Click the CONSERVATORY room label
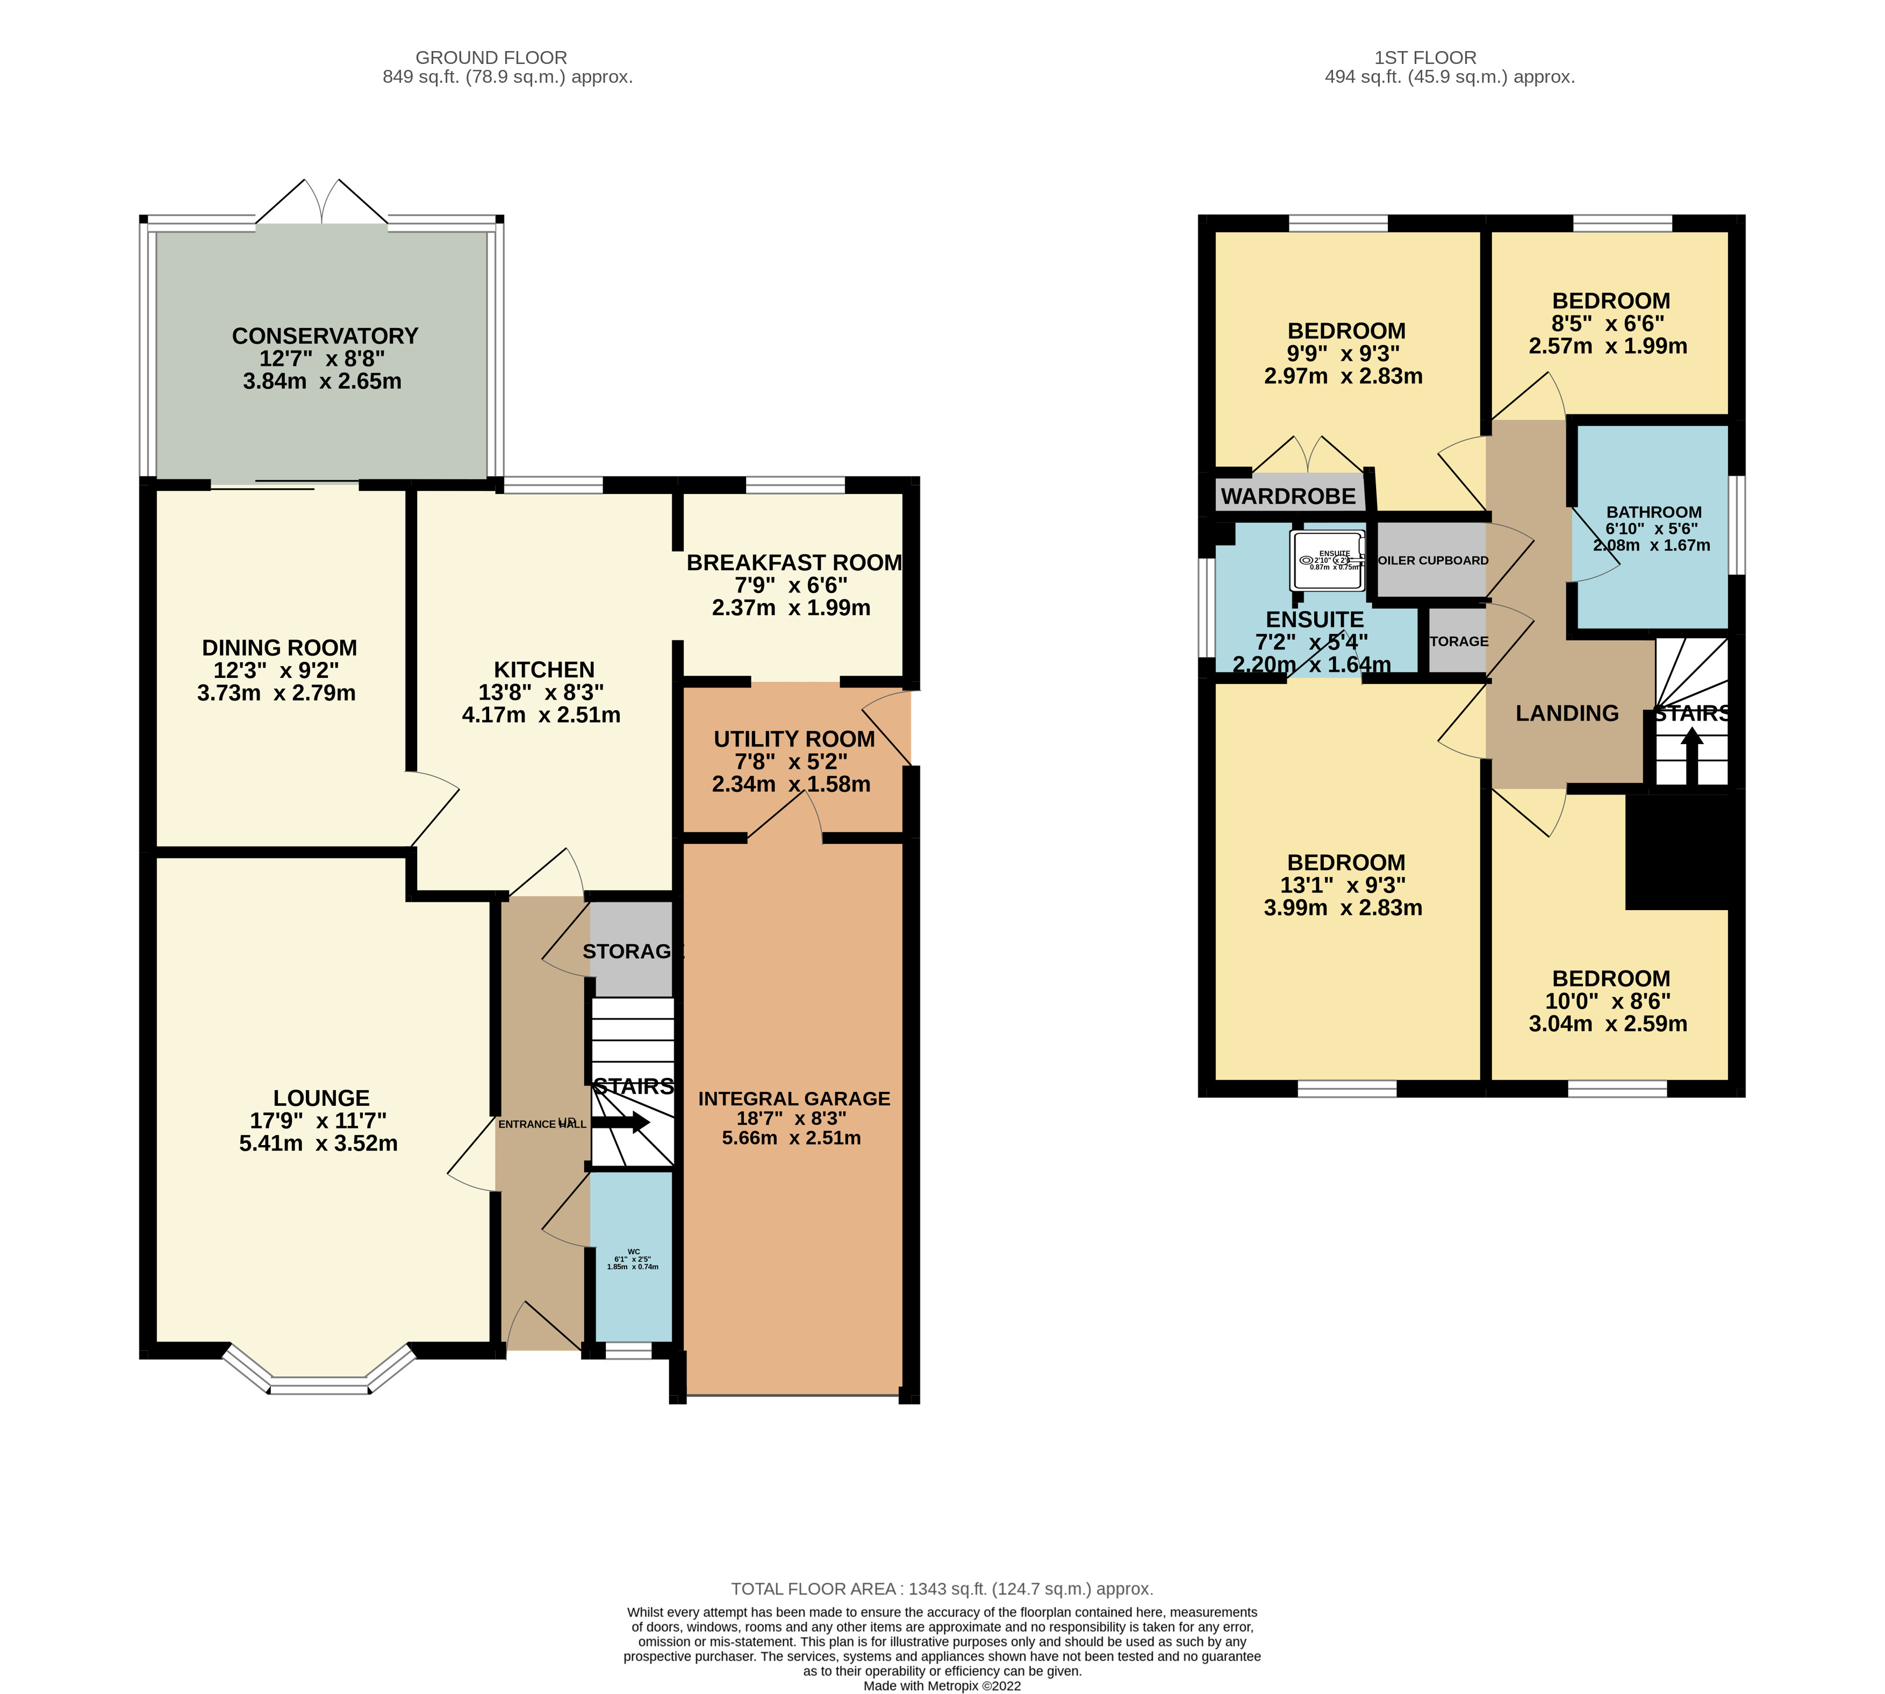click(325, 336)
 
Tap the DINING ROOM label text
click(279, 648)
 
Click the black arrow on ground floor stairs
click(621, 1123)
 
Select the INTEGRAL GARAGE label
click(794, 1098)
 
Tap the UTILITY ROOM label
click(794, 739)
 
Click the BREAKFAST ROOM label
click(794, 563)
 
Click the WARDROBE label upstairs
click(1288, 496)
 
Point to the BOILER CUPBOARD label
click(1433, 560)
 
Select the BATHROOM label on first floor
click(1653, 512)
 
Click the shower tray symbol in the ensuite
click(1327, 560)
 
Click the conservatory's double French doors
click(322, 203)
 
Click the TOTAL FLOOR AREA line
click(942, 1589)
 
